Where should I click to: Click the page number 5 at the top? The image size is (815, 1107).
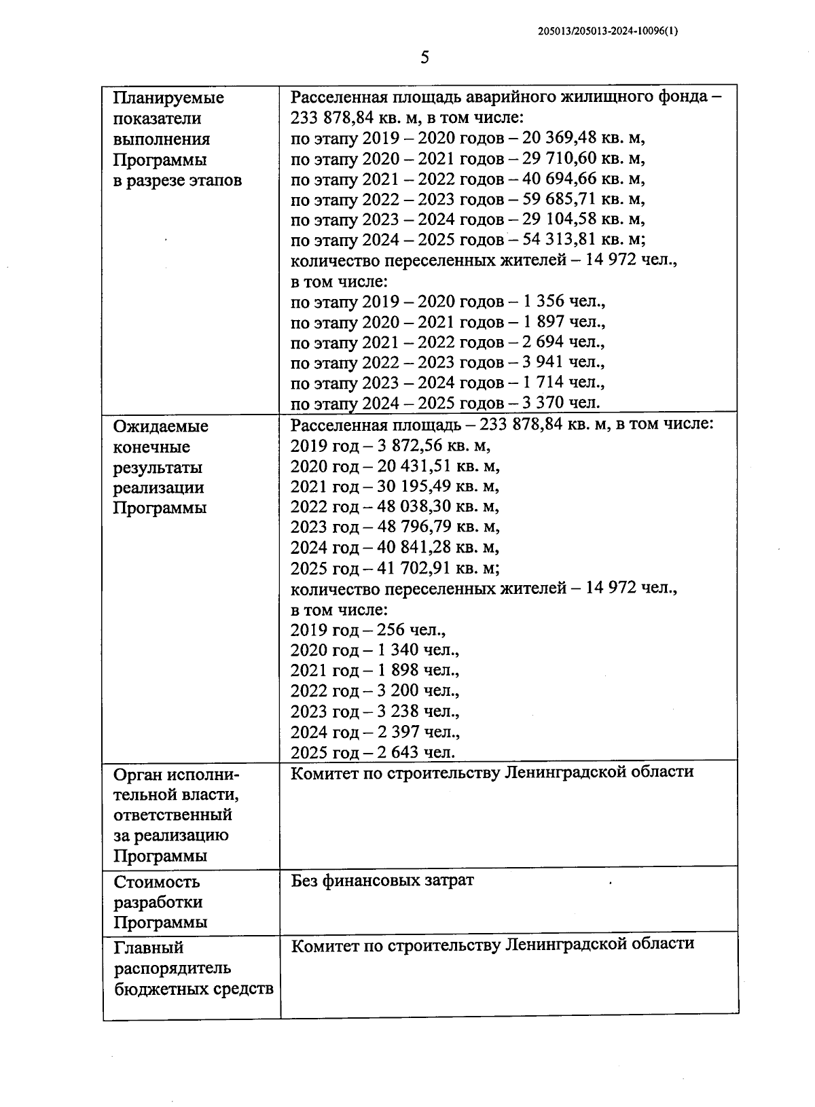click(x=424, y=58)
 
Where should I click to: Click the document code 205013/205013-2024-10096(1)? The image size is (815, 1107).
click(x=607, y=31)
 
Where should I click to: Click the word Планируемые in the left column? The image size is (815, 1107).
click(x=168, y=98)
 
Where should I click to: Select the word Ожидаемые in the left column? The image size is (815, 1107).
click(x=161, y=427)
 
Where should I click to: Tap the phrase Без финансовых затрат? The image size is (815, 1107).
click(x=382, y=881)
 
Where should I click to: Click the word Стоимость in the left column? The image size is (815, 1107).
click(x=157, y=882)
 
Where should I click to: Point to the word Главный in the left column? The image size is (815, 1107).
click(x=149, y=947)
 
